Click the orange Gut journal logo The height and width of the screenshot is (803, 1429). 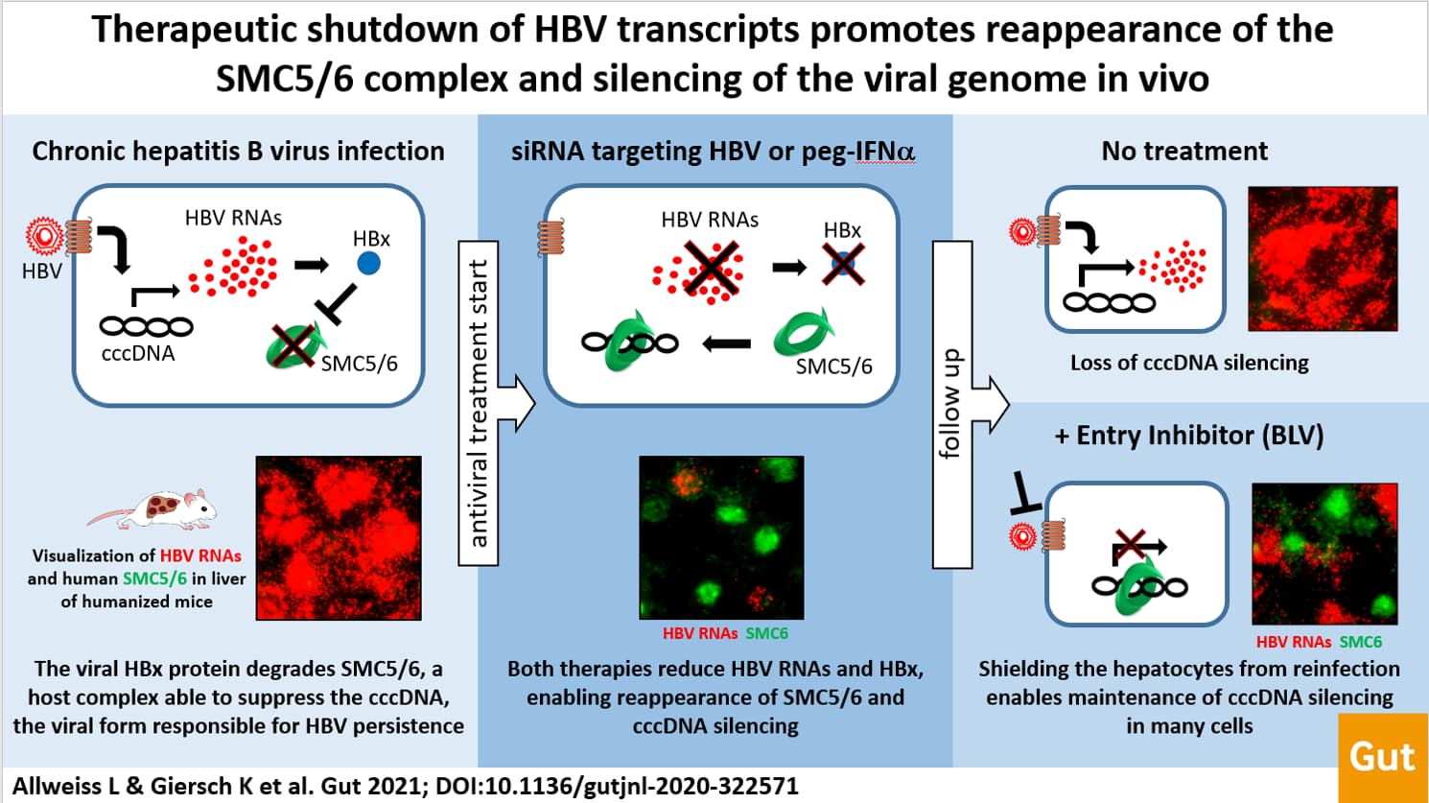[x=1383, y=758]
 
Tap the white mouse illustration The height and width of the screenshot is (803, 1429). [x=153, y=509]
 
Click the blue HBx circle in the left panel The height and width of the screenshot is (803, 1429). [x=368, y=263]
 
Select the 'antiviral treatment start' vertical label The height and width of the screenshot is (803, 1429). [x=479, y=403]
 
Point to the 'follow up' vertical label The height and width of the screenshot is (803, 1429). [x=951, y=403]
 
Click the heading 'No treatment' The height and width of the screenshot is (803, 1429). [x=1184, y=152]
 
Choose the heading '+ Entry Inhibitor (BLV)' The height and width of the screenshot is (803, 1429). [x=1189, y=436]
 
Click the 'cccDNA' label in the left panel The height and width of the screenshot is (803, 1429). [x=138, y=353]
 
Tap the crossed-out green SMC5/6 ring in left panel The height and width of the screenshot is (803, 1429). [x=293, y=345]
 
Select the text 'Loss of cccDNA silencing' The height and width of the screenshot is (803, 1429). [x=1189, y=363]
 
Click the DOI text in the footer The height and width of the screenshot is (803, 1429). [x=617, y=786]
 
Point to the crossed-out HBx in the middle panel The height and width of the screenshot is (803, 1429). [x=843, y=264]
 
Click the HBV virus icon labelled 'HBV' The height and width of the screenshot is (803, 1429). [x=45, y=235]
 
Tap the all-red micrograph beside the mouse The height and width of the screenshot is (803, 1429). [x=339, y=537]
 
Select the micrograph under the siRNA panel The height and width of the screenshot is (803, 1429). [x=721, y=537]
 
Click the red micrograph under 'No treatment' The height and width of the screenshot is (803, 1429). [x=1324, y=258]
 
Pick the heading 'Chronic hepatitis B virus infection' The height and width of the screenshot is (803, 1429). [x=239, y=152]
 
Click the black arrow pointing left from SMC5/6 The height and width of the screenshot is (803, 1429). [x=726, y=344]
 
